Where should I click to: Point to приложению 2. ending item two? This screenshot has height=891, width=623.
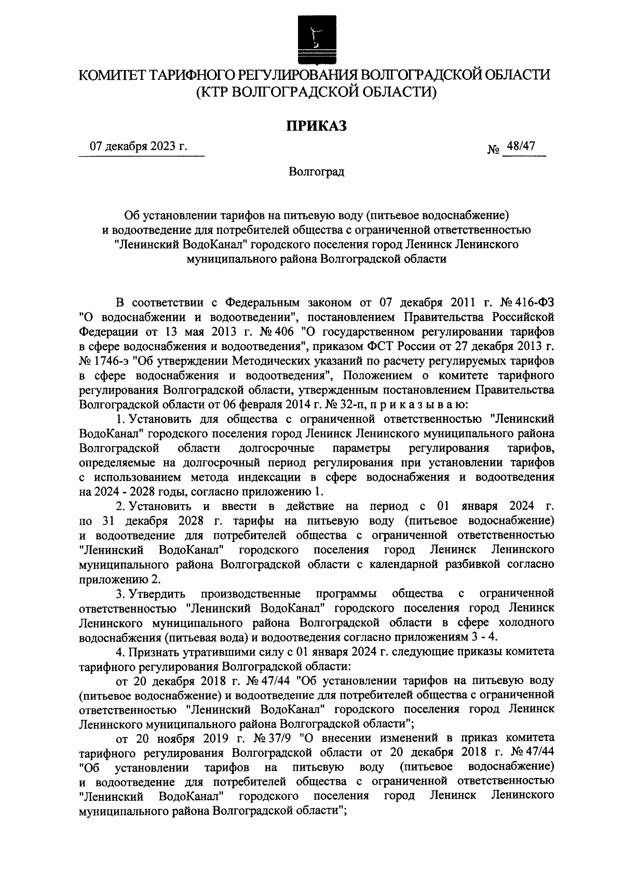coord(119,578)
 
